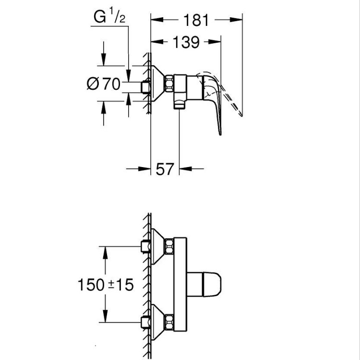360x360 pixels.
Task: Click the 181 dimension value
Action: click(x=196, y=21)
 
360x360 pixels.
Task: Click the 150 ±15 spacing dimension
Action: click(x=105, y=285)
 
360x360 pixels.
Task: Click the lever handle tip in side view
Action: click(x=220, y=132)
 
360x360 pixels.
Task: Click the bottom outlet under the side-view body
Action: click(x=179, y=103)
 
